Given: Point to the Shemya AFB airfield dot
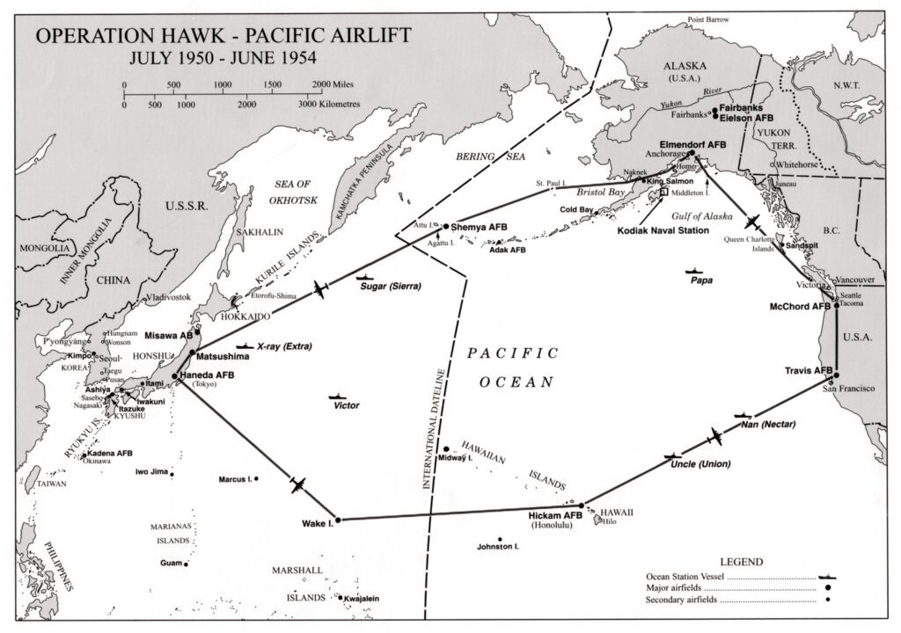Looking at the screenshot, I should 445,225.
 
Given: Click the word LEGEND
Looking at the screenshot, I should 743,561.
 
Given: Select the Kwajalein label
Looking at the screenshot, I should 362,599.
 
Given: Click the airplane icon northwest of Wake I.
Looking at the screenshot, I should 297,484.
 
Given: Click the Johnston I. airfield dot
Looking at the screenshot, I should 500,539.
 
